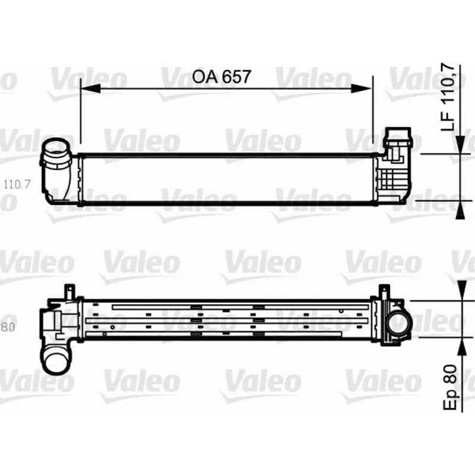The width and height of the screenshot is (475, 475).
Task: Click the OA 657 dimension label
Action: click(221, 77)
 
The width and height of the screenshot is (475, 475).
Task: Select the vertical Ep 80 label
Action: click(450, 387)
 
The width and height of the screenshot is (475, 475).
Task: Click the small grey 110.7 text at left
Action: click(17, 184)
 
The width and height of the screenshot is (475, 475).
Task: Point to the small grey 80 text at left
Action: click(8, 327)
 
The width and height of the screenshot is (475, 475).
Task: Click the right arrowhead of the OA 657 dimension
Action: click(361, 88)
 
